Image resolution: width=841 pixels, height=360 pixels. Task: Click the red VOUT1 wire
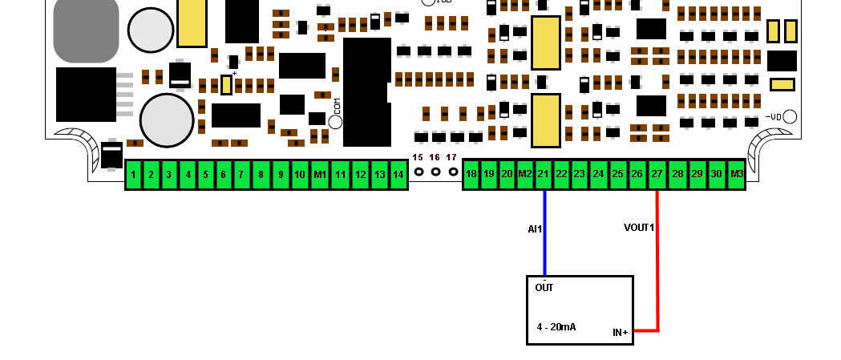[x=657, y=273]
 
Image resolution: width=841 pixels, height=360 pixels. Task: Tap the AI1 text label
[x=535, y=229]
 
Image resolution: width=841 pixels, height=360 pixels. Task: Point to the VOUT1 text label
[x=639, y=228]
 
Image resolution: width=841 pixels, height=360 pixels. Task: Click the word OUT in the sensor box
[x=544, y=288]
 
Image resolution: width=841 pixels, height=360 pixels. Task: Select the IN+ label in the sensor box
[x=620, y=332]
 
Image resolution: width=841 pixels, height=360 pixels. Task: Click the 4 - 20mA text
[x=556, y=327]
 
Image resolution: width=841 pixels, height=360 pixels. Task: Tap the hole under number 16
[x=435, y=172]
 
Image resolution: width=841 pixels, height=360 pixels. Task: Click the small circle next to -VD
[x=790, y=116]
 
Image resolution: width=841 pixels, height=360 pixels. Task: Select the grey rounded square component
[x=86, y=29]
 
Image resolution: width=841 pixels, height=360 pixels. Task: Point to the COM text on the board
[x=338, y=104]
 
